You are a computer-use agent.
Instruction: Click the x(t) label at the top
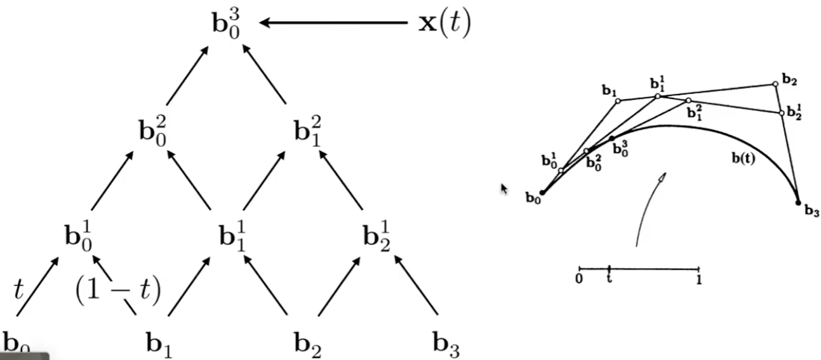(x=444, y=23)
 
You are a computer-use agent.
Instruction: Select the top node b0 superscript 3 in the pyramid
(x=225, y=24)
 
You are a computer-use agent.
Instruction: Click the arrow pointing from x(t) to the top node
(x=333, y=23)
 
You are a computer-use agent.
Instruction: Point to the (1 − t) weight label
(x=118, y=290)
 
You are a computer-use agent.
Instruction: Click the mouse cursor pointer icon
(x=504, y=189)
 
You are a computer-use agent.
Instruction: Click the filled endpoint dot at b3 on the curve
(x=798, y=202)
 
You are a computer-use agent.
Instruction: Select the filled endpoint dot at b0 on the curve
(x=542, y=192)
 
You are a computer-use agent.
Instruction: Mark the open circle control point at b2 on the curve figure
(x=775, y=84)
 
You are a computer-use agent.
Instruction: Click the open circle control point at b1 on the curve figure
(x=618, y=100)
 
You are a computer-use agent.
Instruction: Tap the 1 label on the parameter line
(x=698, y=279)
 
